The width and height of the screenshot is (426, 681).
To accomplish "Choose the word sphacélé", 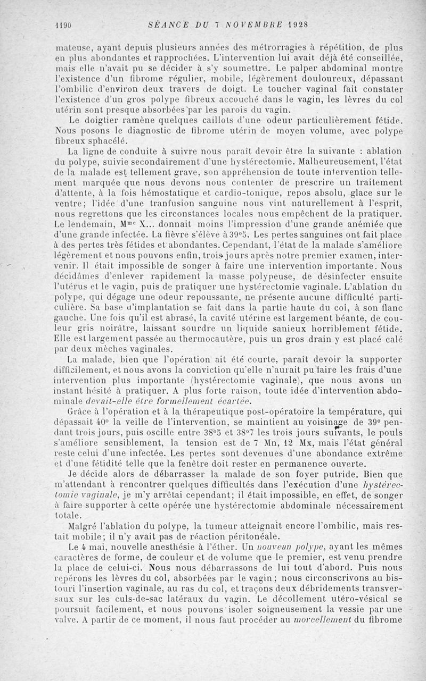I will coord(108,141).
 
